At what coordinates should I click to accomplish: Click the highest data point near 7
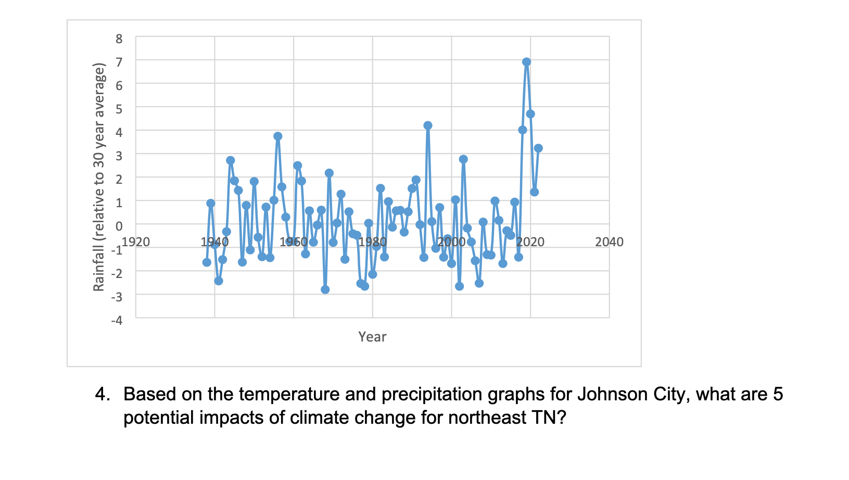(526, 62)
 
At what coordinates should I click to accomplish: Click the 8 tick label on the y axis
(119, 39)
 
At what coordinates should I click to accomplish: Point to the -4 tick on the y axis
(117, 320)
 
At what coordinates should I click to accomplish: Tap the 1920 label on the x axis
(136, 242)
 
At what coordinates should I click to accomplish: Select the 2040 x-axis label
(609, 242)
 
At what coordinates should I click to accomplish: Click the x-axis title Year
(372, 337)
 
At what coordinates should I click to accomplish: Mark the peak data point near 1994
(428, 125)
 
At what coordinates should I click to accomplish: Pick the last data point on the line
(538, 148)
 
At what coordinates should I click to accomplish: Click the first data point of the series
(207, 262)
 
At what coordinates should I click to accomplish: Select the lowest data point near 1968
(325, 289)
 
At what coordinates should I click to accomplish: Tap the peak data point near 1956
(278, 136)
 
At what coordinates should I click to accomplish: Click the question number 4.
(102, 394)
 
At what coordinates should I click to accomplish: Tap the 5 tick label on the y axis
(119, 109)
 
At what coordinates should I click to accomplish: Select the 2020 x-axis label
(530, 242)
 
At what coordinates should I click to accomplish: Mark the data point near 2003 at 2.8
(463, 159)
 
